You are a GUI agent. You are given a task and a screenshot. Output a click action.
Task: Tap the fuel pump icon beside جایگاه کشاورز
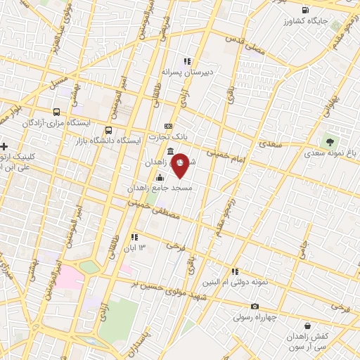point(304,9)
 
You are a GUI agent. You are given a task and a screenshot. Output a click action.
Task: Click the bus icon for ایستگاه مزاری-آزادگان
point(57,111)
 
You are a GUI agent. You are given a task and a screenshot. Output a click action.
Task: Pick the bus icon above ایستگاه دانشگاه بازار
point(108,130)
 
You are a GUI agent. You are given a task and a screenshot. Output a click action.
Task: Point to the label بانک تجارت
point(168,136)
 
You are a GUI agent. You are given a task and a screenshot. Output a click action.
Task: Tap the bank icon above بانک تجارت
point(167,126)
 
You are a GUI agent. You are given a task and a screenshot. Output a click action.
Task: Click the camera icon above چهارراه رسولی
point(255,306)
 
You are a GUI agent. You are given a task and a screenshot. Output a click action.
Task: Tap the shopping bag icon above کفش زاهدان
point(308,325)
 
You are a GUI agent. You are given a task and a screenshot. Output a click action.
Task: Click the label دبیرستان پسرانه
point(186,72)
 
